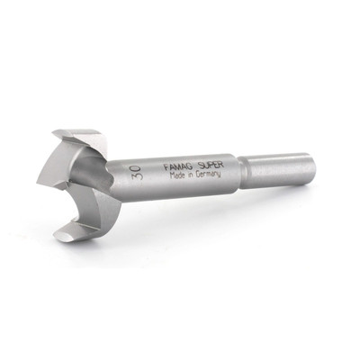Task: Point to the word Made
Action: (176, 175)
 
